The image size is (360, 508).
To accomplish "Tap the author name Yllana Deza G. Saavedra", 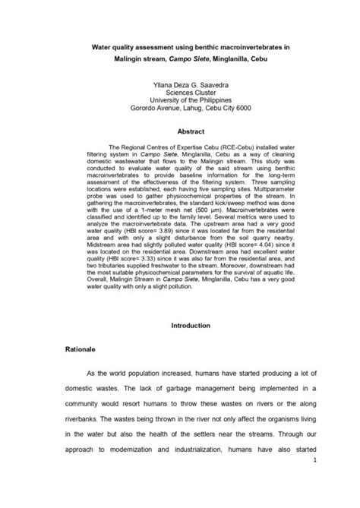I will [x=180, y=87].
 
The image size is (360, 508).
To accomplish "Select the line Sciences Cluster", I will [x=180, y=96].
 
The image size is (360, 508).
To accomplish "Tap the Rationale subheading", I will [x=79, y=352].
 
